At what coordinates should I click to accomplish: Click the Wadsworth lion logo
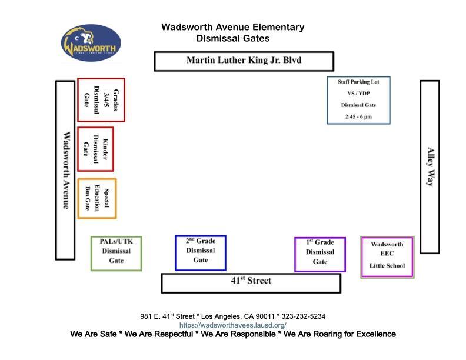click(x=91, y=42)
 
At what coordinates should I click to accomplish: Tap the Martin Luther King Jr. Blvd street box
click(x=244, y=61)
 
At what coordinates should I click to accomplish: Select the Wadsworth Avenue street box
click(x=65, y=170)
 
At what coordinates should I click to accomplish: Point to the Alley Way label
click(x=430, y=166)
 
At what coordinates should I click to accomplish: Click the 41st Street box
click(x=251, y=282)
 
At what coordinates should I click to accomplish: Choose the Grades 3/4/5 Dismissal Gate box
click(x=101, y=99)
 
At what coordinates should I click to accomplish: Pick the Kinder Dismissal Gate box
click(x=95, y=148)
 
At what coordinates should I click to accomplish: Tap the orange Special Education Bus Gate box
click(x=97, y=198)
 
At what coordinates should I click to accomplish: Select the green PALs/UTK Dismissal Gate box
click(x=116, y=253)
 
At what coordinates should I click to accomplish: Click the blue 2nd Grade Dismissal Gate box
click(x=201, y=252)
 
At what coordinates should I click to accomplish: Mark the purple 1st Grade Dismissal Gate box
click(x=320, y=254)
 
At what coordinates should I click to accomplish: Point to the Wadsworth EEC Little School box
click(x=387, y=256)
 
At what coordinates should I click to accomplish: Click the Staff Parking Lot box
click(x=358, y=100)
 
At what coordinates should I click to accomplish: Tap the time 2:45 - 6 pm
click(x=358, y=117)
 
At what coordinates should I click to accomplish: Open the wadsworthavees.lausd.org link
click(x=233, y=325)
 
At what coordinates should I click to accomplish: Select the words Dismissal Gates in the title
click(x=233, y=39)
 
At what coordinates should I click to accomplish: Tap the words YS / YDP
click(x=358, y=94)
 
